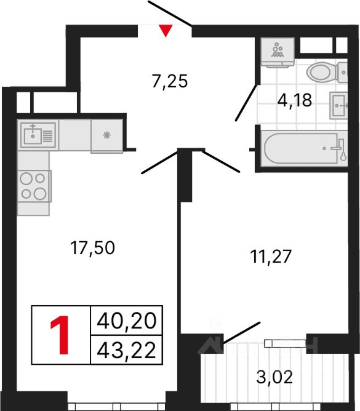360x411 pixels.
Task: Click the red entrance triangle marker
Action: tap(166, 30)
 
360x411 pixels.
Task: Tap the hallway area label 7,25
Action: tap(170, 81)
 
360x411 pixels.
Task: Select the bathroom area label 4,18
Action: tap(295, 100)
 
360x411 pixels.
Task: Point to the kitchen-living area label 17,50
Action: tap(92, 248)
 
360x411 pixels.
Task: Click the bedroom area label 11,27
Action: tap(271, 257)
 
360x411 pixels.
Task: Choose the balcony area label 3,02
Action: tap(274, 377)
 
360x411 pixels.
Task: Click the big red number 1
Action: tap(60, 335)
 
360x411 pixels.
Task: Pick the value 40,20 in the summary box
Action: tap(126, 321)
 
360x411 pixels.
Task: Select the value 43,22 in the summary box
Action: tap(126, 350)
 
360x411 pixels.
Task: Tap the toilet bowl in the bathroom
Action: tap(327, 72)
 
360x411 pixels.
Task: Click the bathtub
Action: tap(304, 148)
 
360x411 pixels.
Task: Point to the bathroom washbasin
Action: tap(338, 105)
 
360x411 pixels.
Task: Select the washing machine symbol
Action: tap(278, 52)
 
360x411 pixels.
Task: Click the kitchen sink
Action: tap(38, 135)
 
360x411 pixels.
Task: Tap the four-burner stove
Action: tap(34, 186)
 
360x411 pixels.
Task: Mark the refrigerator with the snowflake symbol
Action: tap(106, 135)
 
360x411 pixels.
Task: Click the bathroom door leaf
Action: tap(246, 103)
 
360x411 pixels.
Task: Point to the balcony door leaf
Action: tap(241, 332)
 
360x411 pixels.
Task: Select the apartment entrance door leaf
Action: tap(170, 14)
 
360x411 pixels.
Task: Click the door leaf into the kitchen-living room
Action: tap(160, 162)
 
